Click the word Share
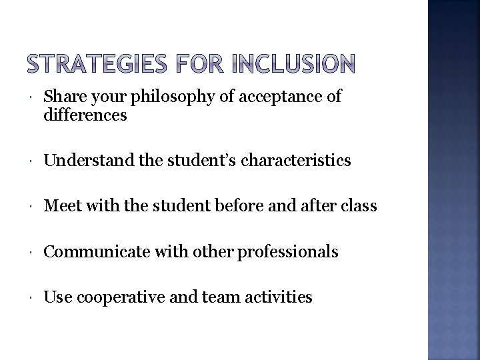click(x=63, y=97)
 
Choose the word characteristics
click(x=292, y=161)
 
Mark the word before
click(x=251, y=206)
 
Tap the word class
click(x=359, y=206)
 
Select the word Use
click(x=58, y=297)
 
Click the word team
click(x=210, y=297)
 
